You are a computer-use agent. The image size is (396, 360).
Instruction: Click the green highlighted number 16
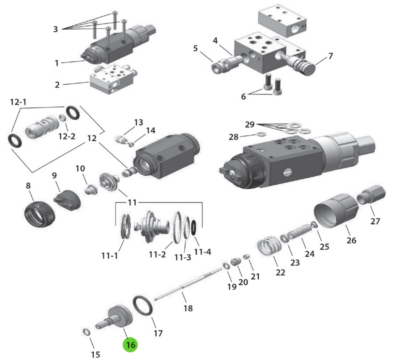point(130,345)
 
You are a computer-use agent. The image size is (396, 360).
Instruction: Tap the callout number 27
point(375,221)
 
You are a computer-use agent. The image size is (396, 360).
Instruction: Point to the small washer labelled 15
point(86,332)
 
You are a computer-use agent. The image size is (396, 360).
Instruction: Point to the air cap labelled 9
point(68,199)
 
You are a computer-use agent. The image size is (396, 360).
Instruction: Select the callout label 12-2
point(67,136)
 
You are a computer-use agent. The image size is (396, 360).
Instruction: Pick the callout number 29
point(250,124)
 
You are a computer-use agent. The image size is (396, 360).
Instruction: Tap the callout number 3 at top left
point(55,29)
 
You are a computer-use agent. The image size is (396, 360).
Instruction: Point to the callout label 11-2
point(158,254)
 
